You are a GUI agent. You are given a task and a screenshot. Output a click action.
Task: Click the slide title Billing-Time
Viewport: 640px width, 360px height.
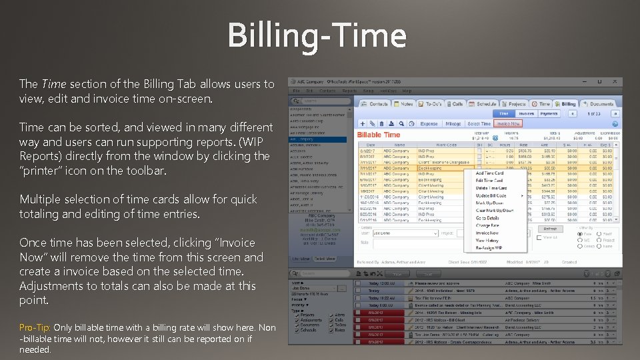coord(317,35)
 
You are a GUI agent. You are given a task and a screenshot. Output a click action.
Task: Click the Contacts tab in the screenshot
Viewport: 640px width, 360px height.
coord(375,104)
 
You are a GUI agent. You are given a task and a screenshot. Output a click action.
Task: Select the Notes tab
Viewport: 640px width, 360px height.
coord(405,104)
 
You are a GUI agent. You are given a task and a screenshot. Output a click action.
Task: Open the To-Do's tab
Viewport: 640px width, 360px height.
coord(431,104)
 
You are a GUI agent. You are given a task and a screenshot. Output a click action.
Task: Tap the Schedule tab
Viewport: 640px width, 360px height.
coord(484,104)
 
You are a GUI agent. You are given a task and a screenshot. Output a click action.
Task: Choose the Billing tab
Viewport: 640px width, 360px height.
coord(566,104)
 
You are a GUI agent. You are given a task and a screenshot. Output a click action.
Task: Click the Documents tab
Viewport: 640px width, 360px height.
coord(599,104)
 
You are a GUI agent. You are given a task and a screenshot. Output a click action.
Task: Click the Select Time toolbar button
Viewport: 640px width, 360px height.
coord(479,123)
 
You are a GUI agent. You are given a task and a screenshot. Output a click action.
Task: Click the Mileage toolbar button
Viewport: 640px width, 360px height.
coord(453,123)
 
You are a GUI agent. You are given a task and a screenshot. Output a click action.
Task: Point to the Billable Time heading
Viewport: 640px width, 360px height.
coord(379,135)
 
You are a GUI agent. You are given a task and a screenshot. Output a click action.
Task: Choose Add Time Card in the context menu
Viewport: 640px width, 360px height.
coord(489,173)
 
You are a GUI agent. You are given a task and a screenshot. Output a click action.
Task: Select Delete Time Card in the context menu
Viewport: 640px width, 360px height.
coord(491,188)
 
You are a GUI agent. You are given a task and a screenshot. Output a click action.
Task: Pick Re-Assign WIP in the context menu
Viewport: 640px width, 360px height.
coord(489,247)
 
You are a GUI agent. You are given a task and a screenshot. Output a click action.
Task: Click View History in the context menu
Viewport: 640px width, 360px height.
coord(487,240)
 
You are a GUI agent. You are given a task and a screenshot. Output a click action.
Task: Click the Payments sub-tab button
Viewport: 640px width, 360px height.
coord(549,114)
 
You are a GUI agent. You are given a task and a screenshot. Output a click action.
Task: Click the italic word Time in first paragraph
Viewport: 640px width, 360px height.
coord(54,84)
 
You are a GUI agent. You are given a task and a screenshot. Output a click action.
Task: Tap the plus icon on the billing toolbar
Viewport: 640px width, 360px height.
coord(362,123)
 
